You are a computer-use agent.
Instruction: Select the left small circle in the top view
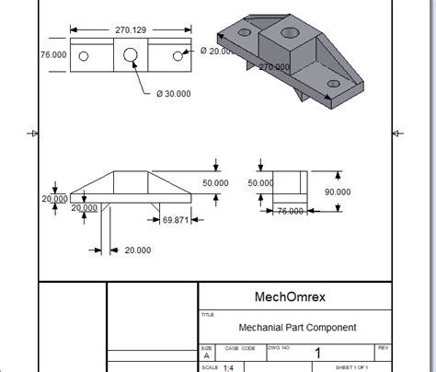84,56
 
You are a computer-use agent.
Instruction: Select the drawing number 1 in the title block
317,354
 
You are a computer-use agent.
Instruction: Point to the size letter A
205,356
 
